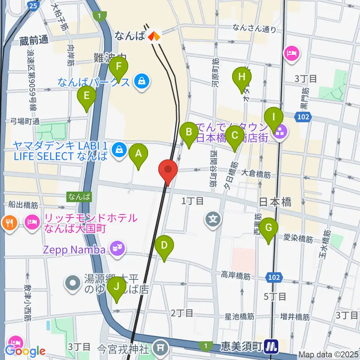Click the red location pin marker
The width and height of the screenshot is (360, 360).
[x=168, y=172]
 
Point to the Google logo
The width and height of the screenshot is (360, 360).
[x=25, y=351]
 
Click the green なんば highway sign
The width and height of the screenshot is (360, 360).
[x=79, y=196]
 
